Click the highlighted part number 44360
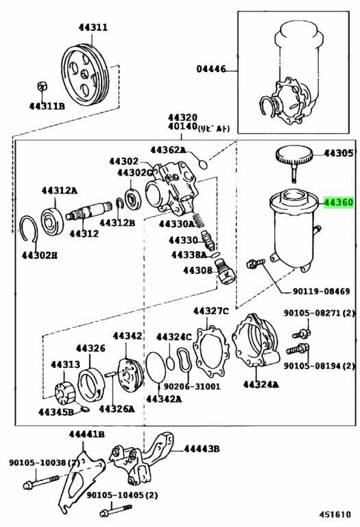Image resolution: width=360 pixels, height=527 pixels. pyautogui.click(x=339, y=202)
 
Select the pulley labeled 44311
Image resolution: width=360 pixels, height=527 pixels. pyautogui.click(x=85, y=75)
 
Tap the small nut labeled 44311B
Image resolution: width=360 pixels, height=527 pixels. pyautogui.click(x=42, y=86)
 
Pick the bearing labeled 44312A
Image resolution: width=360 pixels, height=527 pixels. pyautogui.click(x=52, y=221)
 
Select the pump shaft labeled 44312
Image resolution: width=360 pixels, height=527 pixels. pyautogui.click(x=89, y=212)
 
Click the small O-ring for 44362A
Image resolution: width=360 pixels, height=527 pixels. pyautogui.click(x=203, y=165)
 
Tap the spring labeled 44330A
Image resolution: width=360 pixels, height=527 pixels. pyautogui.click(x=198, y=220)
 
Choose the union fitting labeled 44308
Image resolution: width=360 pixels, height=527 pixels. pyautogui.click(x=226, y=271)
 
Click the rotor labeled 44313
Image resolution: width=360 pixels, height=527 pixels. pyautogui.click(x=64, y=393)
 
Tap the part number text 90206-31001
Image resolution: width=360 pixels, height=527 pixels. pyautogui.click(x=192, y=386)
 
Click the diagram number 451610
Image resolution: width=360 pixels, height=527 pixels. pyautogui.click(x=335, y=514)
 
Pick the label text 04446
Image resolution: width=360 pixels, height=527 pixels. pyautogui.click(x=211, y=69)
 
